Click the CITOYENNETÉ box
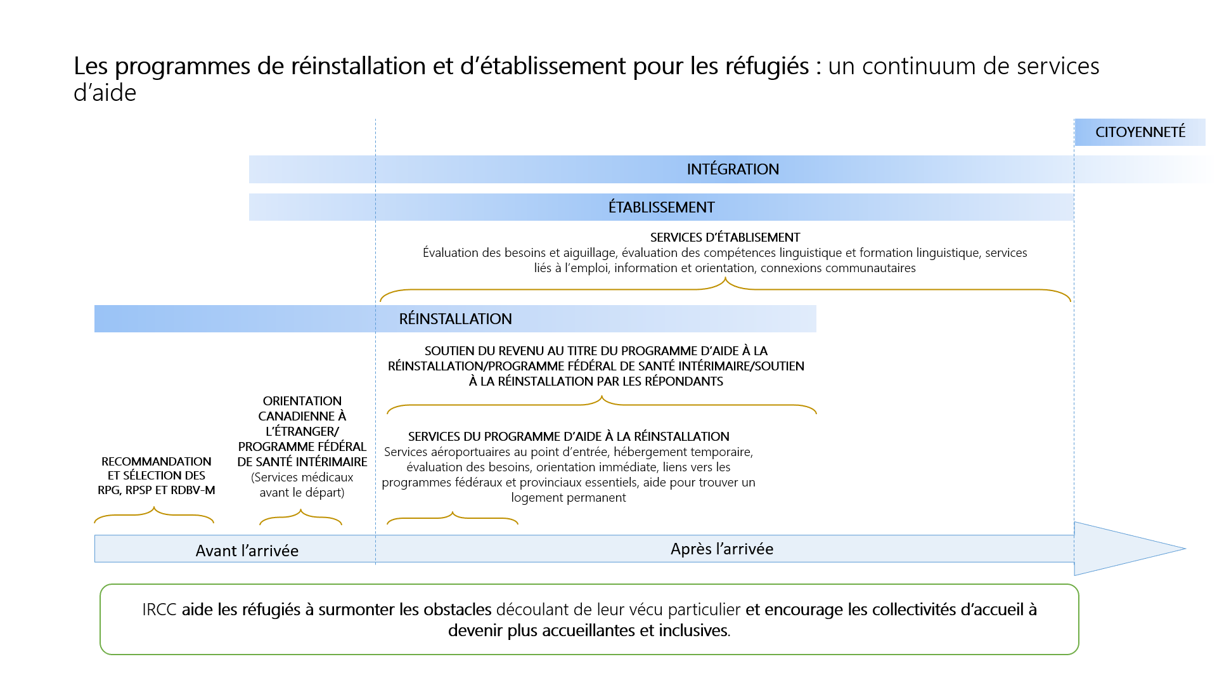pyautogui.click(x=1140, y=132)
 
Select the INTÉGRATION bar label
pyautogui.click(x=733, y=169)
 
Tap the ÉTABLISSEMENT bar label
pyautogui.click(x=661, y=207)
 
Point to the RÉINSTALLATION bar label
pyautogui.click(x=455, y=319)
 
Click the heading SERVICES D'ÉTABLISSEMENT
pyautogui.click(x=724, y=237)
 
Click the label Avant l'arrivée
pyautogui.click(x=247, y=551)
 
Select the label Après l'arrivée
pyautogui.click(x=721, y=549)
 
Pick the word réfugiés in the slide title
pyautogui.click(x=773, y=66)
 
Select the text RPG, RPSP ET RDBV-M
pyautogui.click(x=156, y=490)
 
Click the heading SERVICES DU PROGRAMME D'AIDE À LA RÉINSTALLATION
pyautogui.click(x=569, y=436)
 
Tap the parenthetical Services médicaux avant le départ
pyautogui.click(x=302, y=485)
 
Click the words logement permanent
pyautogui.click(x=569, y=498)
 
